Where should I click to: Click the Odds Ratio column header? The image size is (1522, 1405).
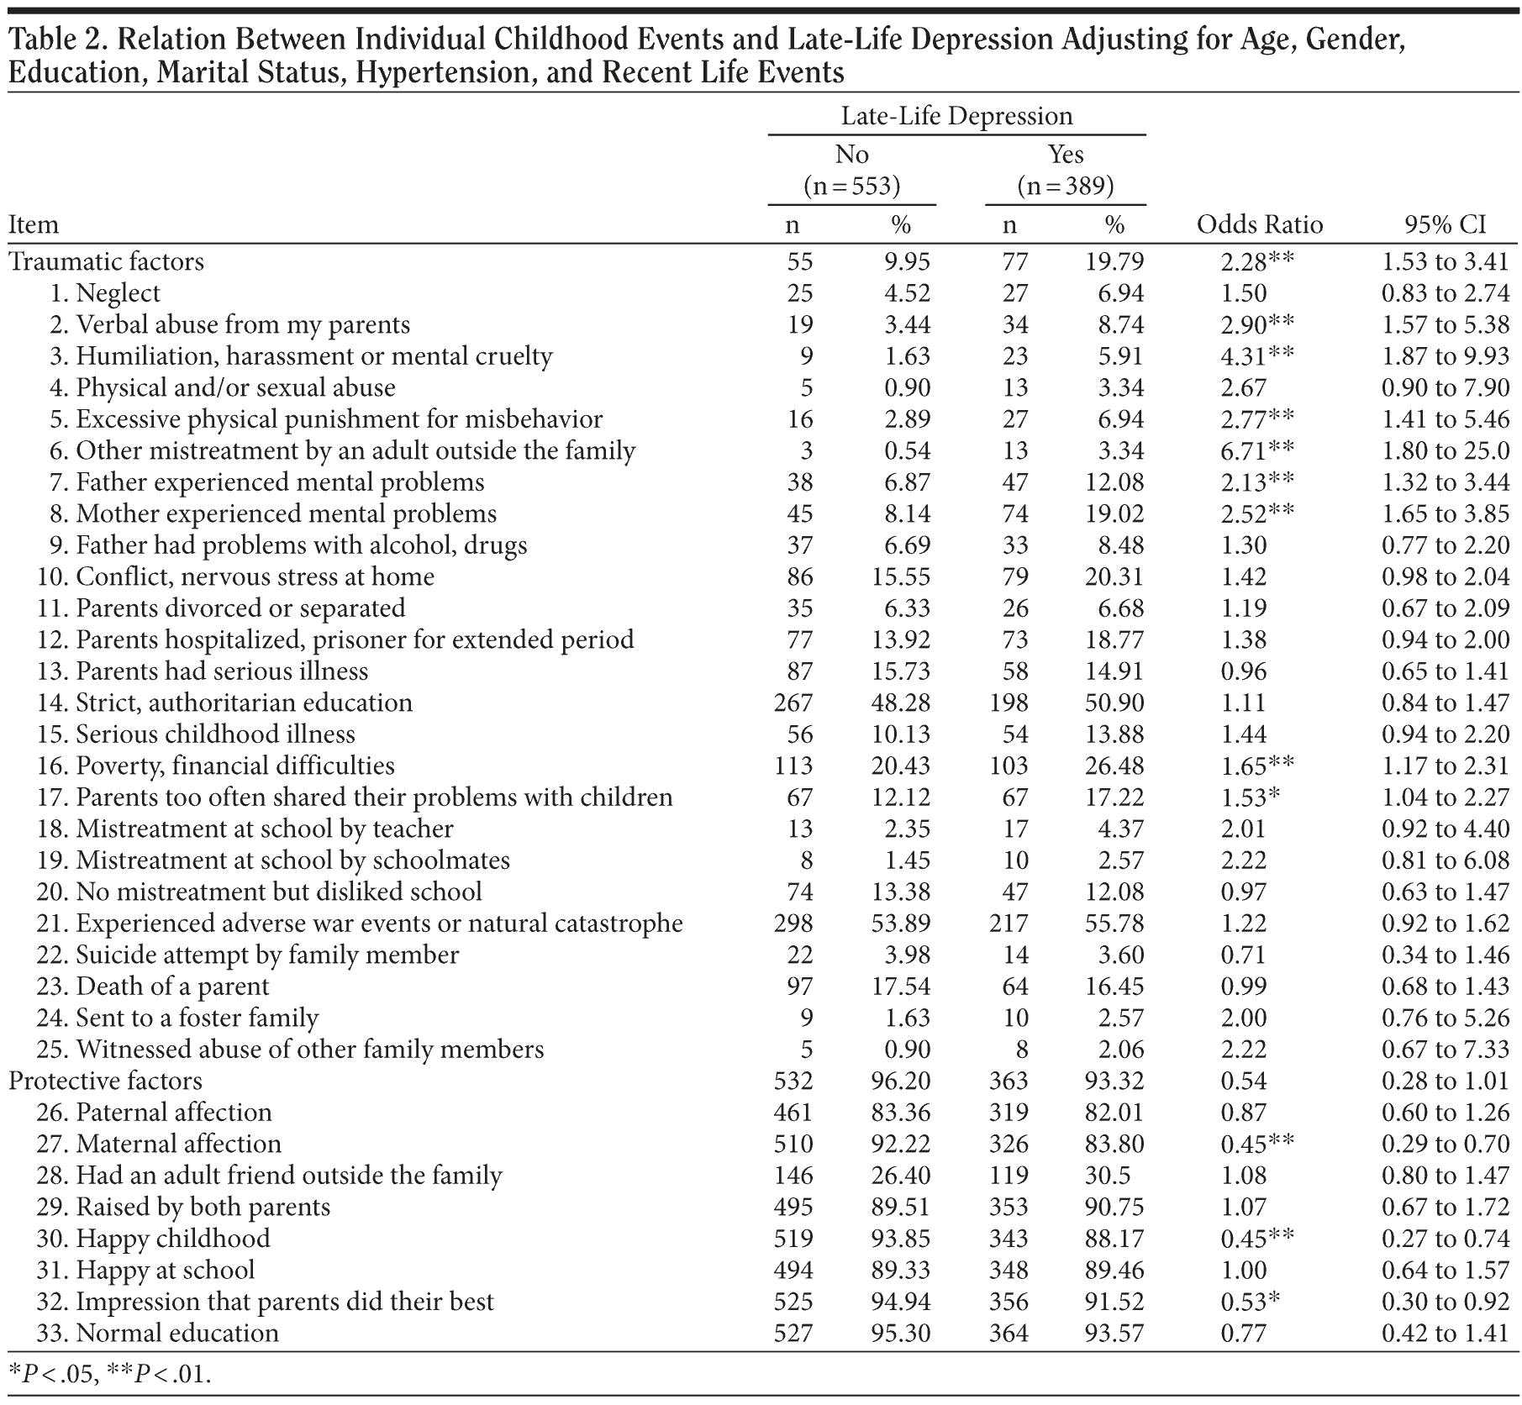coord(1259,225)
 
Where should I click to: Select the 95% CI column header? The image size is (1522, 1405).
coord(1445,225)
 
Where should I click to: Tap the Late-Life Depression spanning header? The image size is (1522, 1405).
coord(956,116)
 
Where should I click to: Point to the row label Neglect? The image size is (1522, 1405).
coord(118,293)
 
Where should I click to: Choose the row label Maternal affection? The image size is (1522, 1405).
coord(178,1144)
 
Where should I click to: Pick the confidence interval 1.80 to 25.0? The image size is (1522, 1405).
coord(1445,451)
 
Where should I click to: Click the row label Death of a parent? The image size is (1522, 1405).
coord(172,987)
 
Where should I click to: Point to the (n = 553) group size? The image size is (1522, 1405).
coord(851,186)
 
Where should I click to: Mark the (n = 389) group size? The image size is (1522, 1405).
coord(1065,186)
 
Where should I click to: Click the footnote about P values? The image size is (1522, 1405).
coord(109,1373)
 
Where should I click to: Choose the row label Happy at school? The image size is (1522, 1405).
coord(165,1270)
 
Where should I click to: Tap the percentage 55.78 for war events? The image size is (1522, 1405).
coord(1114,924)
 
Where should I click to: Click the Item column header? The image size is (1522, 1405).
coord(34,225)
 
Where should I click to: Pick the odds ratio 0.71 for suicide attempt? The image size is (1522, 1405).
coord(1243,955)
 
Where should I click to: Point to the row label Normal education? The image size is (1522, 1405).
coord(176,1333)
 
